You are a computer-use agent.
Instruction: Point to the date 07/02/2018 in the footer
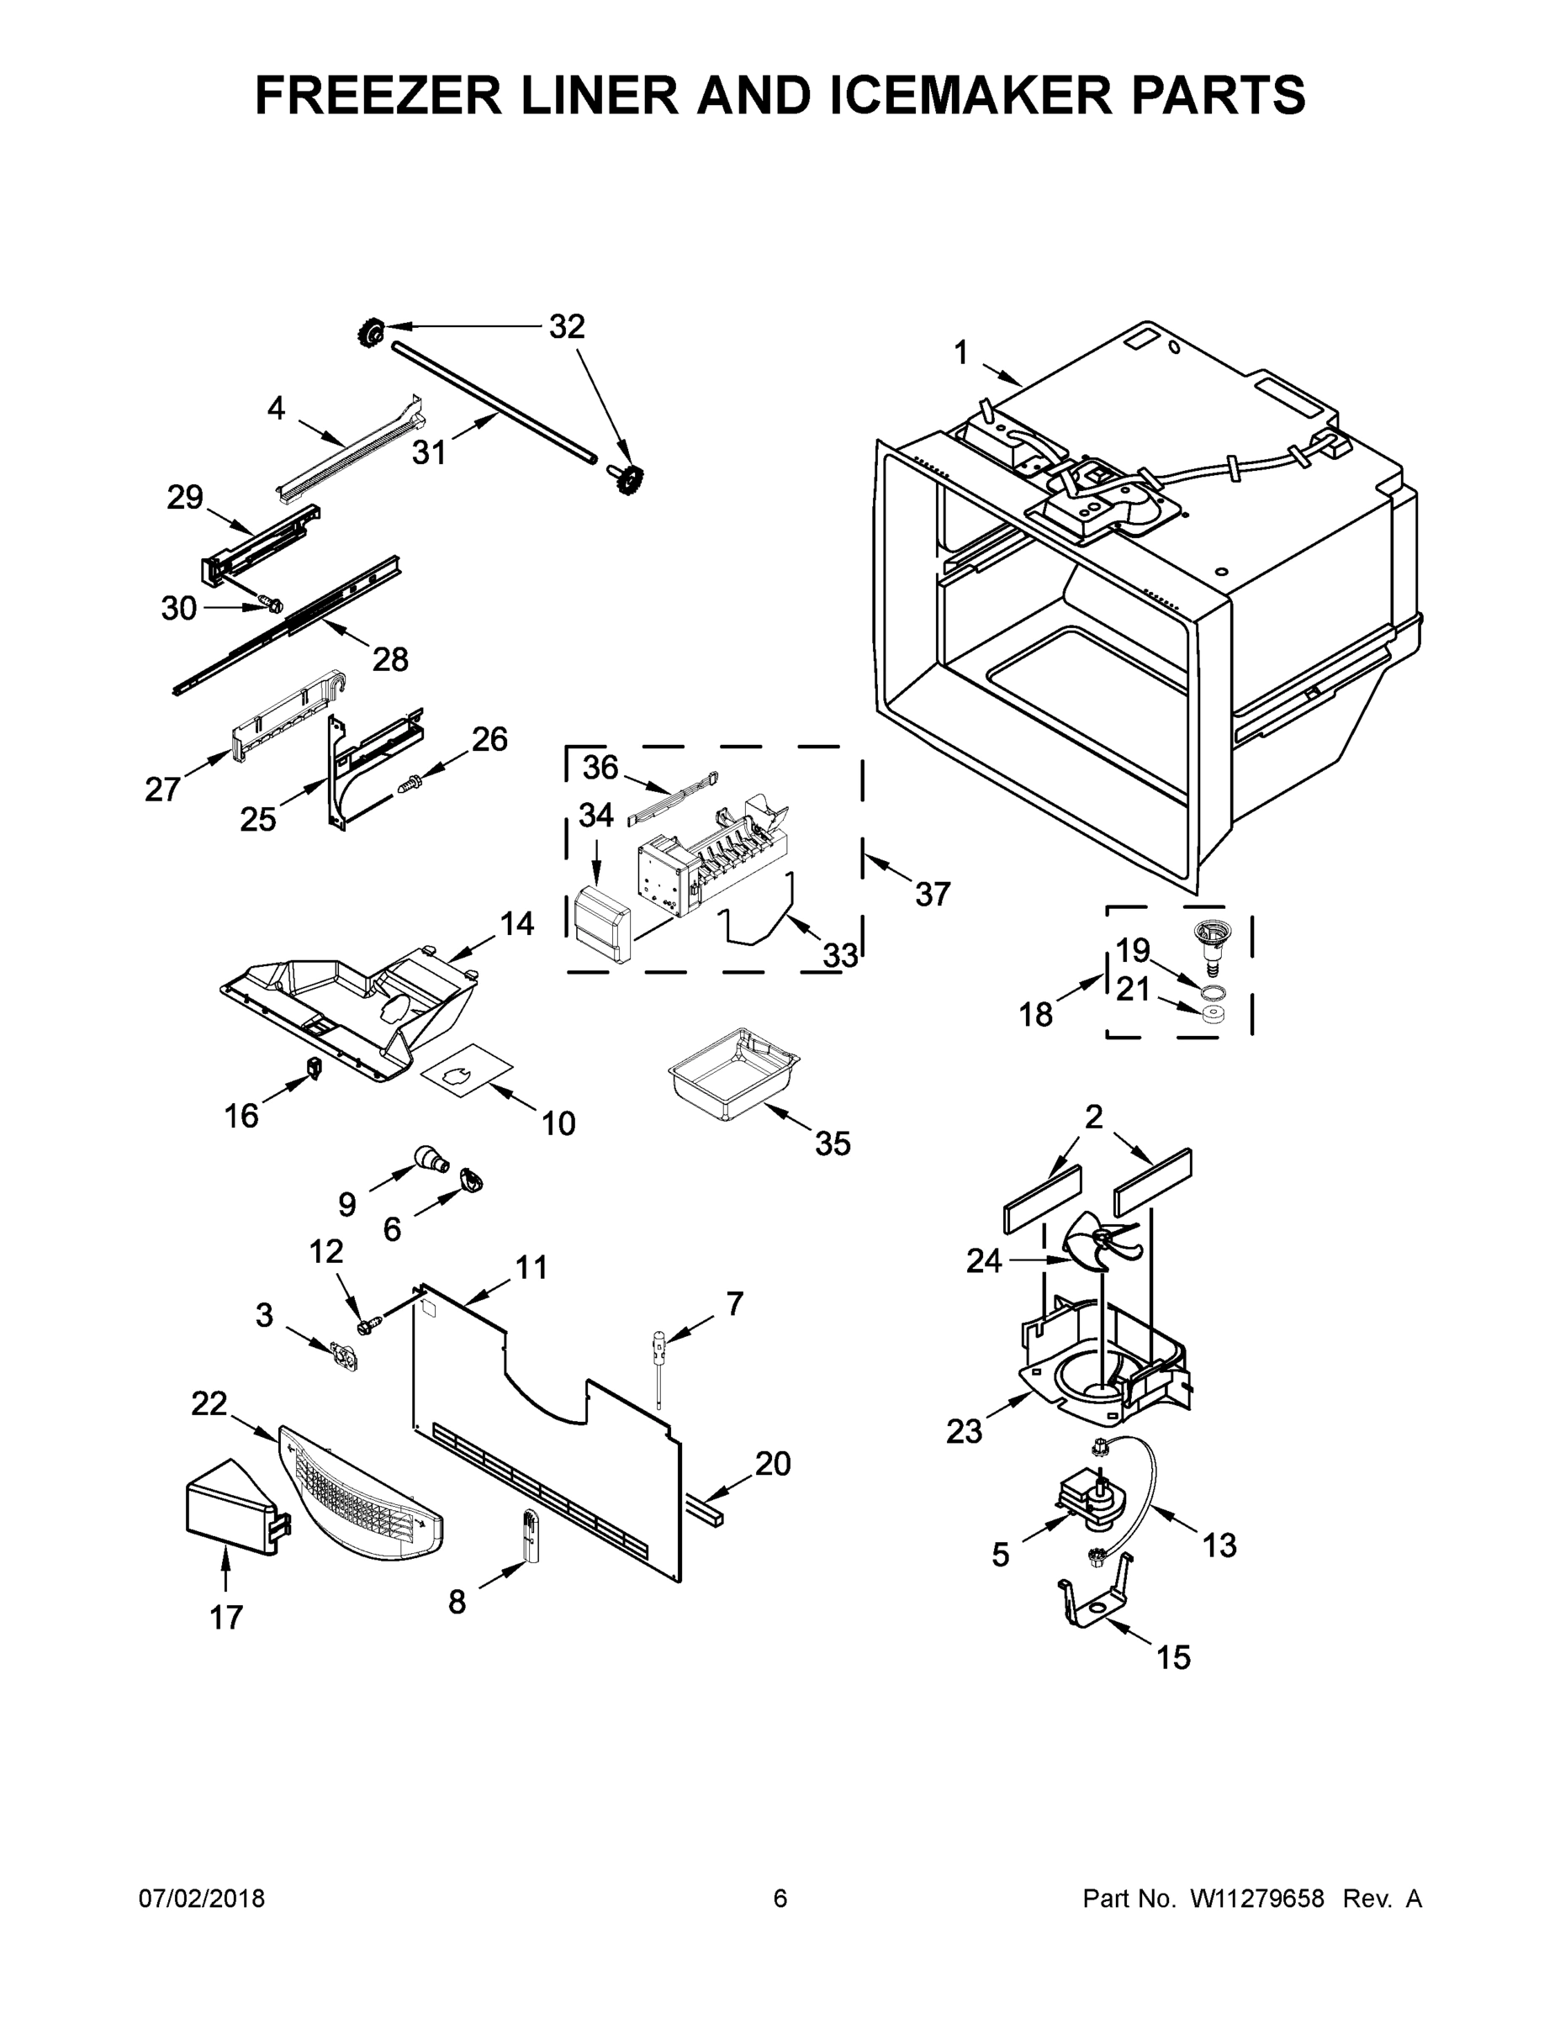point(202,1898)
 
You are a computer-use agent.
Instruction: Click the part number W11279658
point(1257,1898)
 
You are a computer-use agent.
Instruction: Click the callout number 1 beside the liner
point(961,353)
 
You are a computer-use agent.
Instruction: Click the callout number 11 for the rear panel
point(531,1267)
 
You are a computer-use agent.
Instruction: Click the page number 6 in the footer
point(780,1898)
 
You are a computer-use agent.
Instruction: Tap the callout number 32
point(567,326)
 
